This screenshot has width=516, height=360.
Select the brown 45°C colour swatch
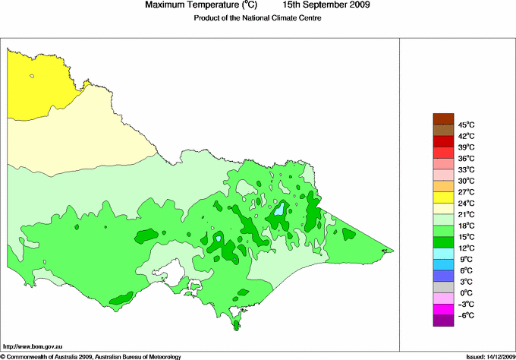click(443, 118)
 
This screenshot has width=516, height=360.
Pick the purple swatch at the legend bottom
click(443, 321)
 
